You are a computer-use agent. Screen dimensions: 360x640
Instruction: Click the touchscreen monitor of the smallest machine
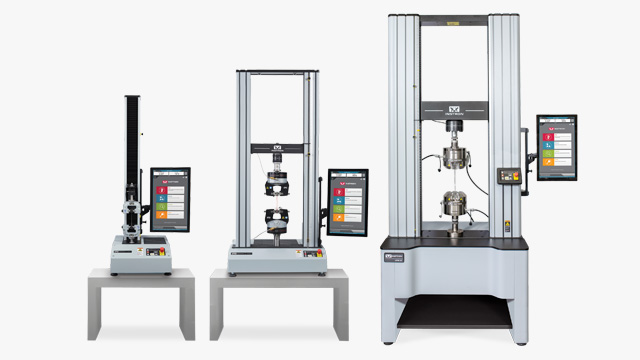click(x=170, y=199)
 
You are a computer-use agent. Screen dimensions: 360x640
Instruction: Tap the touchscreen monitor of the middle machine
click(x=347, y=203)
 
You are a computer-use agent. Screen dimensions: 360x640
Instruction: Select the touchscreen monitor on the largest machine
click(x=557, y=147)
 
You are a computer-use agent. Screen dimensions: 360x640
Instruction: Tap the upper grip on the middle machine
click(x=276, y=185)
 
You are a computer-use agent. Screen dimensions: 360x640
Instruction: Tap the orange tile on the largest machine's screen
click(x=548, y=158)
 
